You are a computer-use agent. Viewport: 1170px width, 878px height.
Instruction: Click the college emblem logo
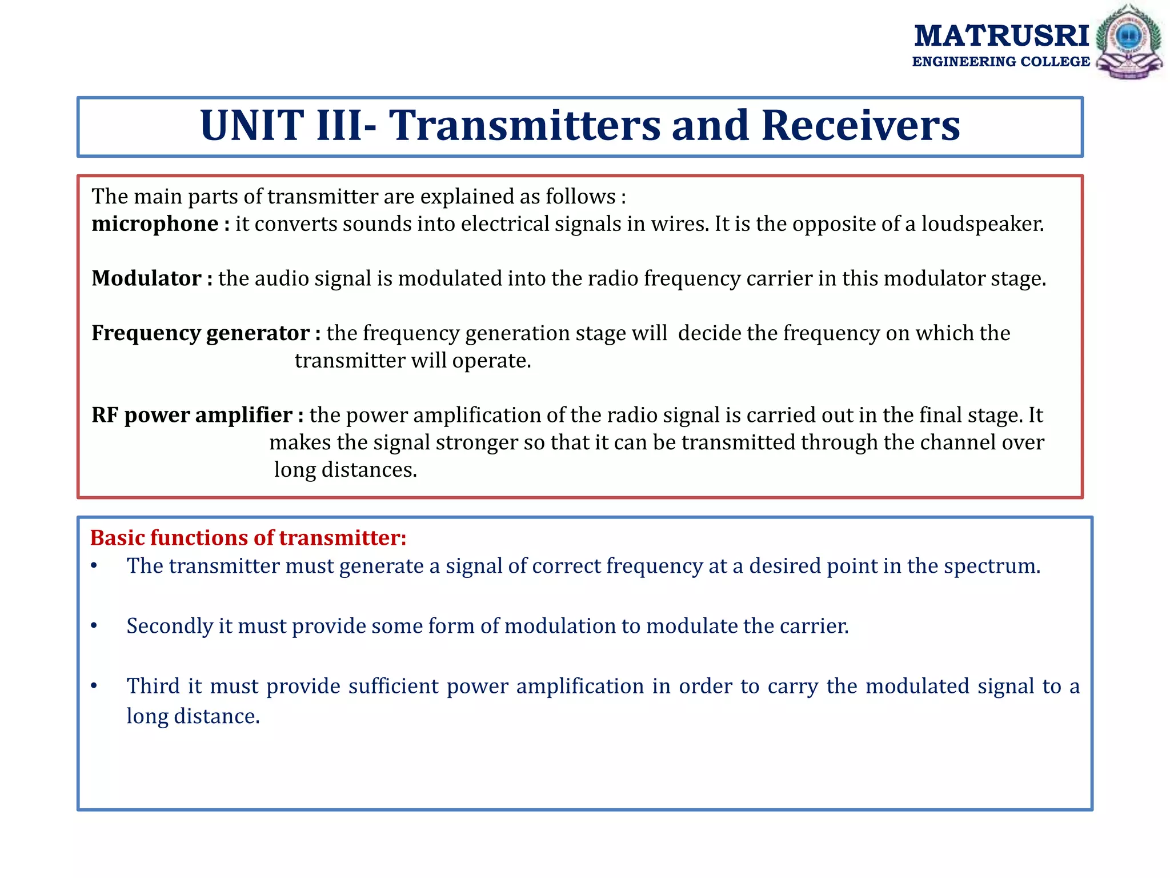[1129, 42]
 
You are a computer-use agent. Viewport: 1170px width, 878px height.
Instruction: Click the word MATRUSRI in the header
[1001, 36]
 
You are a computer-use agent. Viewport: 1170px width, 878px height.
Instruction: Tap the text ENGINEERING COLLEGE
[1001, 62]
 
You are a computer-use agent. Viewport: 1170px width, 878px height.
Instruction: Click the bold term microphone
[155, 224]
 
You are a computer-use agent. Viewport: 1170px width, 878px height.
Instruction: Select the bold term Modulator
[146, 278]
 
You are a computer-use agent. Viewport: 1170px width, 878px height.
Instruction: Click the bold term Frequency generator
[201, 333]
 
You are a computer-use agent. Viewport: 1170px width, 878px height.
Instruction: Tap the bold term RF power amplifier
[192, 415]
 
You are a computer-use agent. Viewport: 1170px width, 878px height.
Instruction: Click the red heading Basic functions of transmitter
[248, 538]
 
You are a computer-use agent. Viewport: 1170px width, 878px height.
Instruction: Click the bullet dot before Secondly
[94, 626]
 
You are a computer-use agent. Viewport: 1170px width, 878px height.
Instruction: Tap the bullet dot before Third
[94, 686]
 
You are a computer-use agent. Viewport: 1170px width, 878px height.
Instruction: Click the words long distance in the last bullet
[193, 716]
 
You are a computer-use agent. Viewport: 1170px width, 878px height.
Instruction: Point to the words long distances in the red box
[345, 470]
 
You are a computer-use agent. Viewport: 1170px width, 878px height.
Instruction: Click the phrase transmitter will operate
[412, 361]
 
